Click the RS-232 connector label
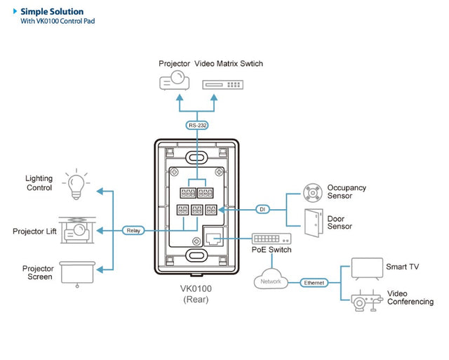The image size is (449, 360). click(196, 126)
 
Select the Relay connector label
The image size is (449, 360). click(133, 230)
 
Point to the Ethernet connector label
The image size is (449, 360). click(314, 282)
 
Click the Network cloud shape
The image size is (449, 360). click(271, 281)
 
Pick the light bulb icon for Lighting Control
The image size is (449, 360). click(75, 184)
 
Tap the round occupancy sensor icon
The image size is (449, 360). click(311, 192)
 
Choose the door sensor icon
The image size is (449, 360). click(312, 222)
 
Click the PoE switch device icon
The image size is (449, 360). click(270, 239)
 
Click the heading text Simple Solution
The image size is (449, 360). click(52, 11)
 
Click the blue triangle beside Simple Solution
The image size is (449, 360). click(15, 11)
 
